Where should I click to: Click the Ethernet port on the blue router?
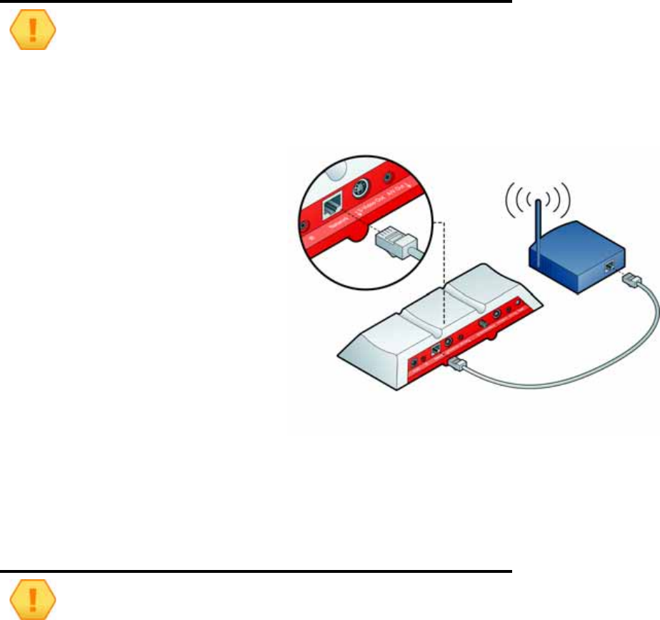click(x=608, y=266)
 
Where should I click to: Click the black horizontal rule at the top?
click(x=257, y=2)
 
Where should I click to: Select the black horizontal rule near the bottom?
click(x=257, y=571)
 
